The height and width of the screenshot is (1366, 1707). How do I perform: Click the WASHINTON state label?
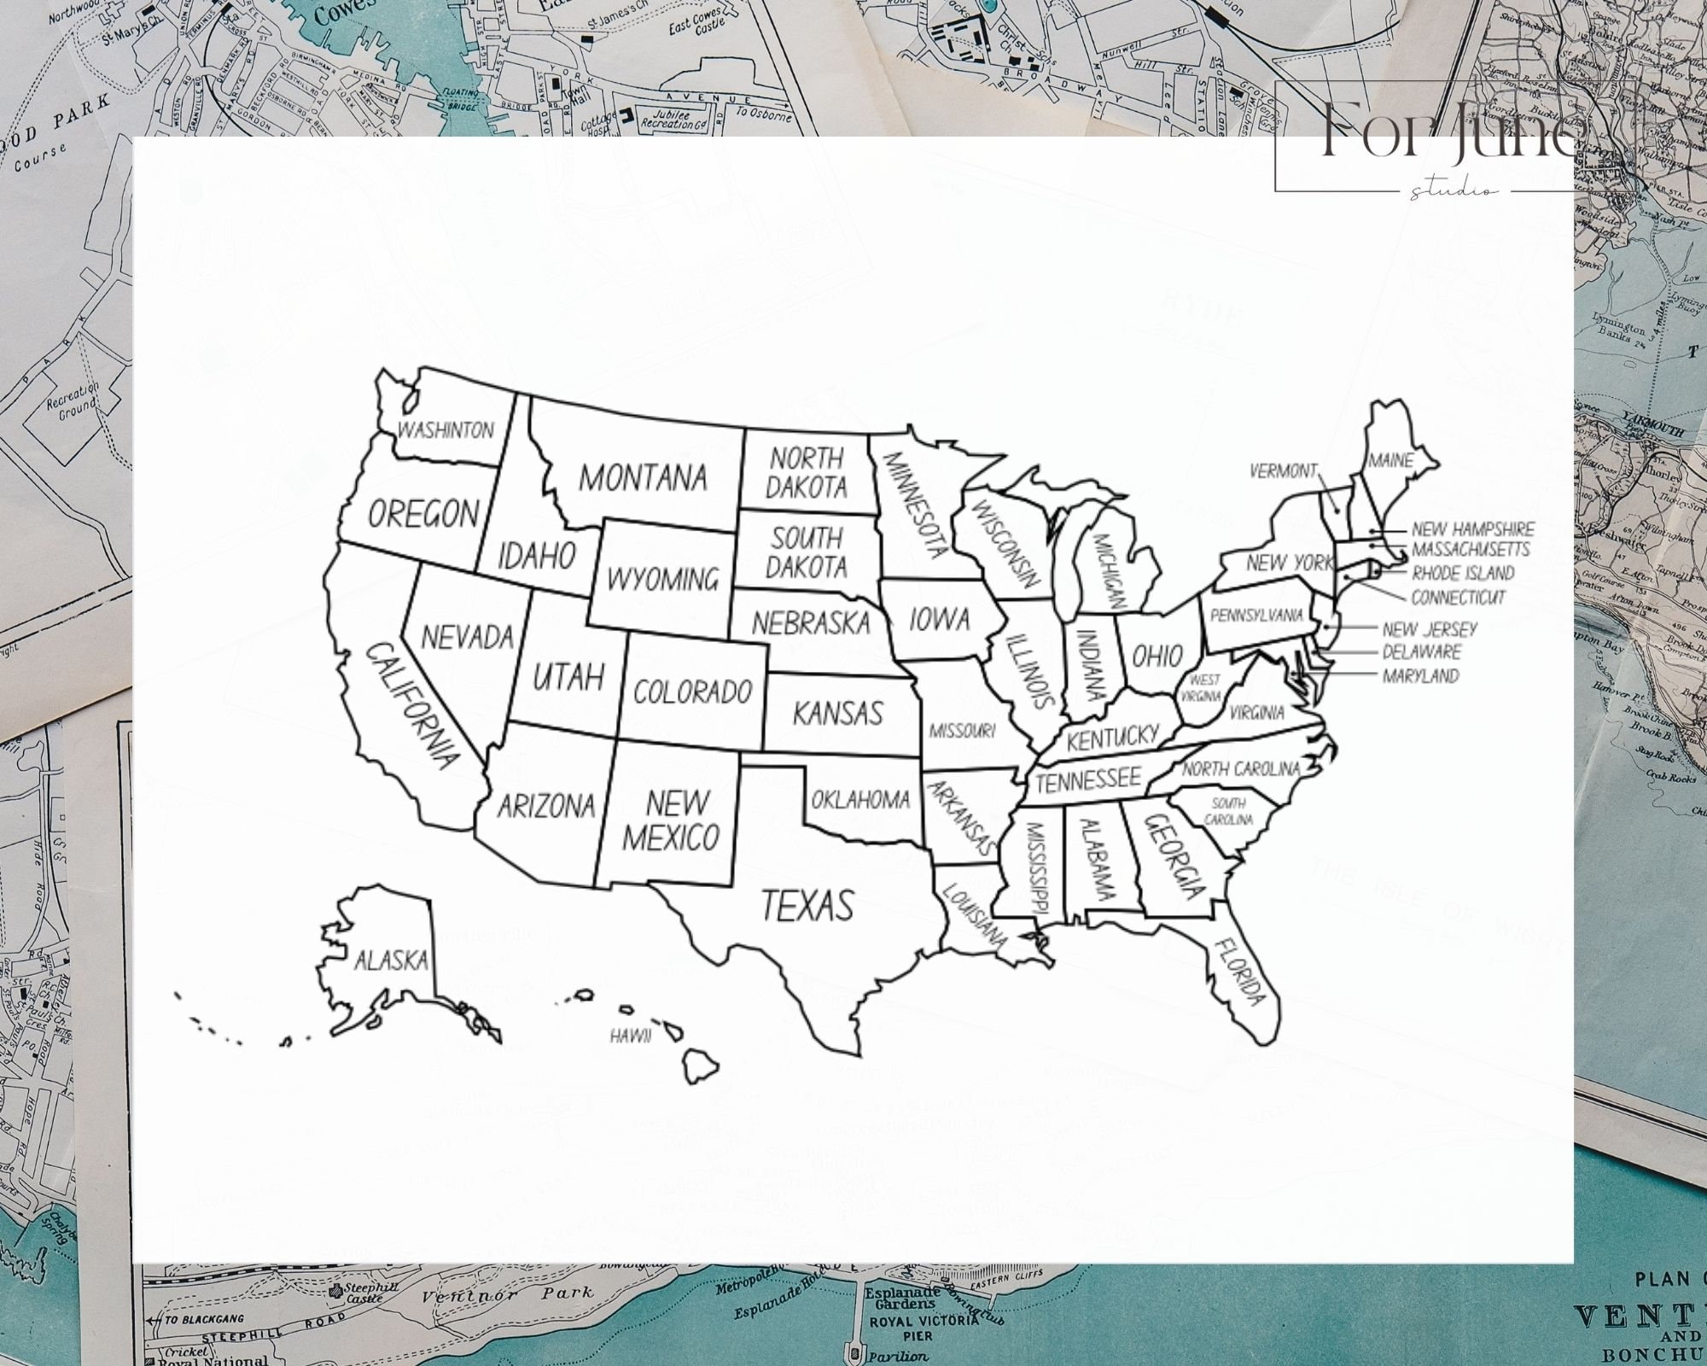[x=446, y=429]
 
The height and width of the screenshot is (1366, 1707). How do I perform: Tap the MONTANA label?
[x=643, y=478]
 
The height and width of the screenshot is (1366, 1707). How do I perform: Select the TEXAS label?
[x=807, y=906]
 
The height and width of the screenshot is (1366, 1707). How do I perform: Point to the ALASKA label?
[x=391, y=960]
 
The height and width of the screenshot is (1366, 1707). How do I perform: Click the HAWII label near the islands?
[x=631, y=1036]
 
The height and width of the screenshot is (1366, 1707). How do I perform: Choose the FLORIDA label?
[x=1238, y=971]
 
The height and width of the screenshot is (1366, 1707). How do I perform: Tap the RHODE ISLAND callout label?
[x=1463, y=573]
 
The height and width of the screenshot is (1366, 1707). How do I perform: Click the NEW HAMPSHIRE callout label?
[x=1472, y=529]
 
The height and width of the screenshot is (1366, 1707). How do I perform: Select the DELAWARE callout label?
[x=1421, y=652]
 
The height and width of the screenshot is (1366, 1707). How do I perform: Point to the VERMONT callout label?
[x=1283, y=471]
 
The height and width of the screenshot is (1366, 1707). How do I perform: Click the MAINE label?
[x=1390, y=461]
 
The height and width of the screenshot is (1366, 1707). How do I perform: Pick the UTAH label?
[x=568, y=677]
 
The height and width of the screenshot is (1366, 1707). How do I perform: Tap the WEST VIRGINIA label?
[x=1203, y=687]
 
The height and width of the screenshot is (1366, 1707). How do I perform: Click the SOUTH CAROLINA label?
[x=1228, y=811]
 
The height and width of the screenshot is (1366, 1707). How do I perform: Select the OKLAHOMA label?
[x=860, y=800]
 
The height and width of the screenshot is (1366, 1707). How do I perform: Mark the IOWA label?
[x=939, y=619]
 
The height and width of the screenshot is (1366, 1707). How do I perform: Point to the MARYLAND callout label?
[x=1420, y=676]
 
